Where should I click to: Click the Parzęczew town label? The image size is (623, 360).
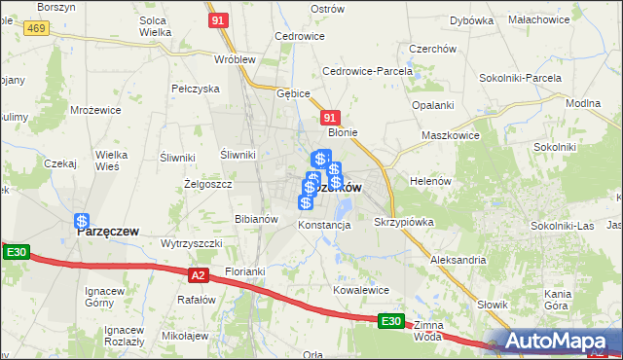(107, 232)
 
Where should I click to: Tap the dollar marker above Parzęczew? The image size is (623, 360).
(83, 222)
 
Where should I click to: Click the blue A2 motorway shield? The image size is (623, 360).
(199, 275)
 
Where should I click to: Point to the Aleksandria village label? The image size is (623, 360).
(457, 260)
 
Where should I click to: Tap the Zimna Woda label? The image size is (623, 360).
(428, 332)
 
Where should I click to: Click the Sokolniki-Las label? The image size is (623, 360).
(563, 226)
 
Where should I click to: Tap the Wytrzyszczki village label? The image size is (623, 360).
(192, 242)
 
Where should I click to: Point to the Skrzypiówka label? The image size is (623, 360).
(404, 222)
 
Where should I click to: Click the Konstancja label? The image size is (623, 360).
(324, 225)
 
